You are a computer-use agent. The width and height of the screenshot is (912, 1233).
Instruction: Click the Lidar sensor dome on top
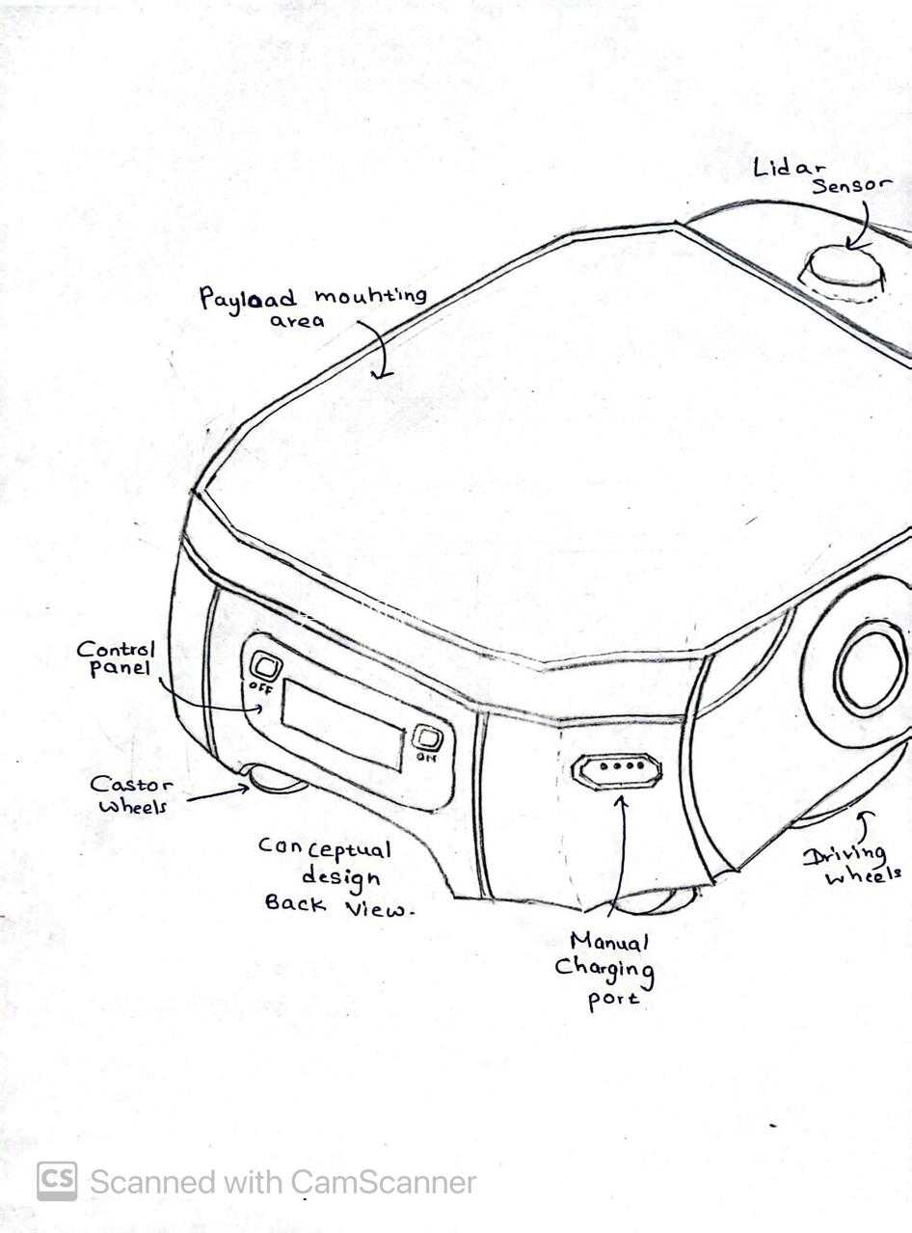842,274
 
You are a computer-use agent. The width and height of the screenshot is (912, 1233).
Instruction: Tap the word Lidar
790,168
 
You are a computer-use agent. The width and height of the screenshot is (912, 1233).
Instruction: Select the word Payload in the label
248,299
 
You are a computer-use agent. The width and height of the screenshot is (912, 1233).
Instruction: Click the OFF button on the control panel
266,666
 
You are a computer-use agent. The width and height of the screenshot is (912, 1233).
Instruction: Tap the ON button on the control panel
427,739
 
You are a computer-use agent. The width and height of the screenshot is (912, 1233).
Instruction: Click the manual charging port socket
617,769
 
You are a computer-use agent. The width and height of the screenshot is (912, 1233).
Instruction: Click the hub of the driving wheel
873,669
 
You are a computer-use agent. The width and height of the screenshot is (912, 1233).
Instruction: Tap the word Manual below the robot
609,942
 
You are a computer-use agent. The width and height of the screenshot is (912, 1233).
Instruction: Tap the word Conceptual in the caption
325,849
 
